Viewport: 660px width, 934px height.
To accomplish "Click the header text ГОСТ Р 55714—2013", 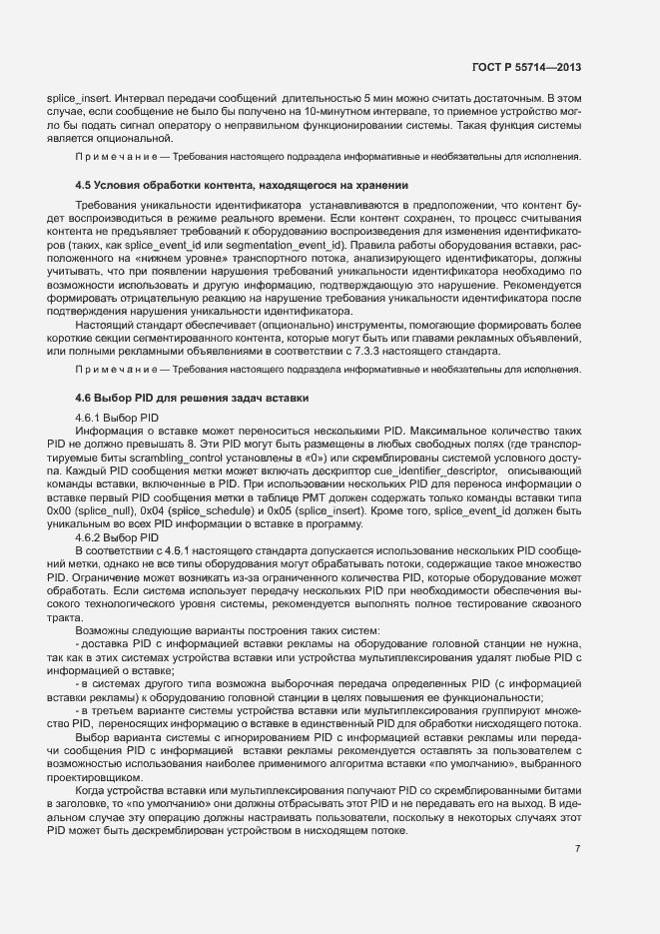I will pyautogui.click(x=525, y=67).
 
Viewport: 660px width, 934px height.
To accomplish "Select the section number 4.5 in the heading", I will pyautogui.click(x=84, y=186).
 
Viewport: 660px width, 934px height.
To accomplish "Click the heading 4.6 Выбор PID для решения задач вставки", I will pyautogui.click(x=193, y=398).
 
